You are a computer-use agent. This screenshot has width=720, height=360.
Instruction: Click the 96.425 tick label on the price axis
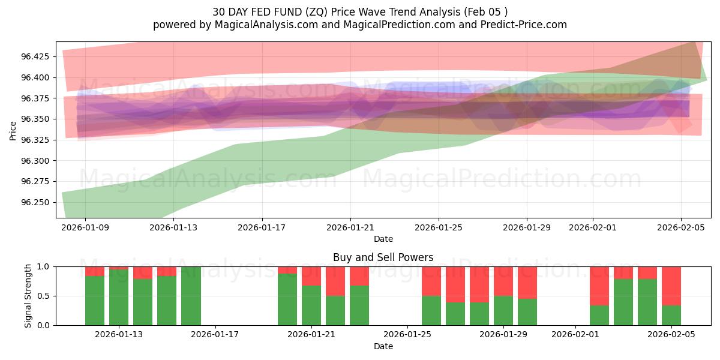(37, 56)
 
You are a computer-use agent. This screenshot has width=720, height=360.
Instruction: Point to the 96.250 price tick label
(37, 202)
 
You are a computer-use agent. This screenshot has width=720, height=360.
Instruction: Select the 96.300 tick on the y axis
(37, 161)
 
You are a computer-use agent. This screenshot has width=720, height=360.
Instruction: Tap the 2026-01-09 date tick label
(85, 227)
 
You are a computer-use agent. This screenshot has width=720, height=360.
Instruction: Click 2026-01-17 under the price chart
(262, 227)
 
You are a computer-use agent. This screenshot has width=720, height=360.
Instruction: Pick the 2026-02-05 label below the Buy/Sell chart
(671, 334)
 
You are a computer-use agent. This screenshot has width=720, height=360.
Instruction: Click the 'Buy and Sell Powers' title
(383, 257)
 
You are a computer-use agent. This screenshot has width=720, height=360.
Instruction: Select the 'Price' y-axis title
(13, 130)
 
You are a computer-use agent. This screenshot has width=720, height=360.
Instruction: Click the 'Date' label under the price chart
(383, 239)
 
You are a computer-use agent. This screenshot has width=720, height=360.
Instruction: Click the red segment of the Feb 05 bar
(671, 286)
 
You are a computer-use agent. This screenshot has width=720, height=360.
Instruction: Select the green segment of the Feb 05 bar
(671, 316)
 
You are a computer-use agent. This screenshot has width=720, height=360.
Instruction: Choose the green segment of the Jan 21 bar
(311, 305)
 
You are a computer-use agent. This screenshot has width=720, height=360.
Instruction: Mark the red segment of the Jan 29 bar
(503, 281)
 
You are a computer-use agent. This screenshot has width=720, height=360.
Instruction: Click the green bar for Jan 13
(119, 297)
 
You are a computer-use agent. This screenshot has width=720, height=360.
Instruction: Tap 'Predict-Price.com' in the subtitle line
(525, 25)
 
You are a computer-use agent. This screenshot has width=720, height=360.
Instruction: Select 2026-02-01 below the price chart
(592, 227)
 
